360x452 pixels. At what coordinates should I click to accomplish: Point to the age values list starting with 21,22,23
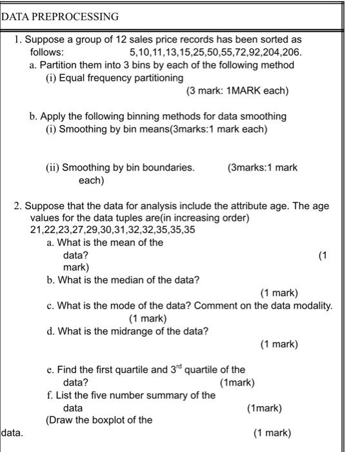(x=113, y=230)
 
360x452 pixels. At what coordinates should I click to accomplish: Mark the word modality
(x=312, y=305)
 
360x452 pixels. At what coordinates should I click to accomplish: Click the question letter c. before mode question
(x=51, y=305)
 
